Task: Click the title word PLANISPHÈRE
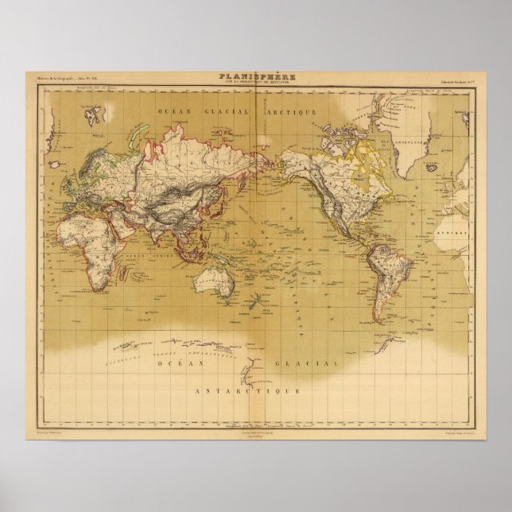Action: (257, 76)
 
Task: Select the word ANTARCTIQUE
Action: (248, 391)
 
